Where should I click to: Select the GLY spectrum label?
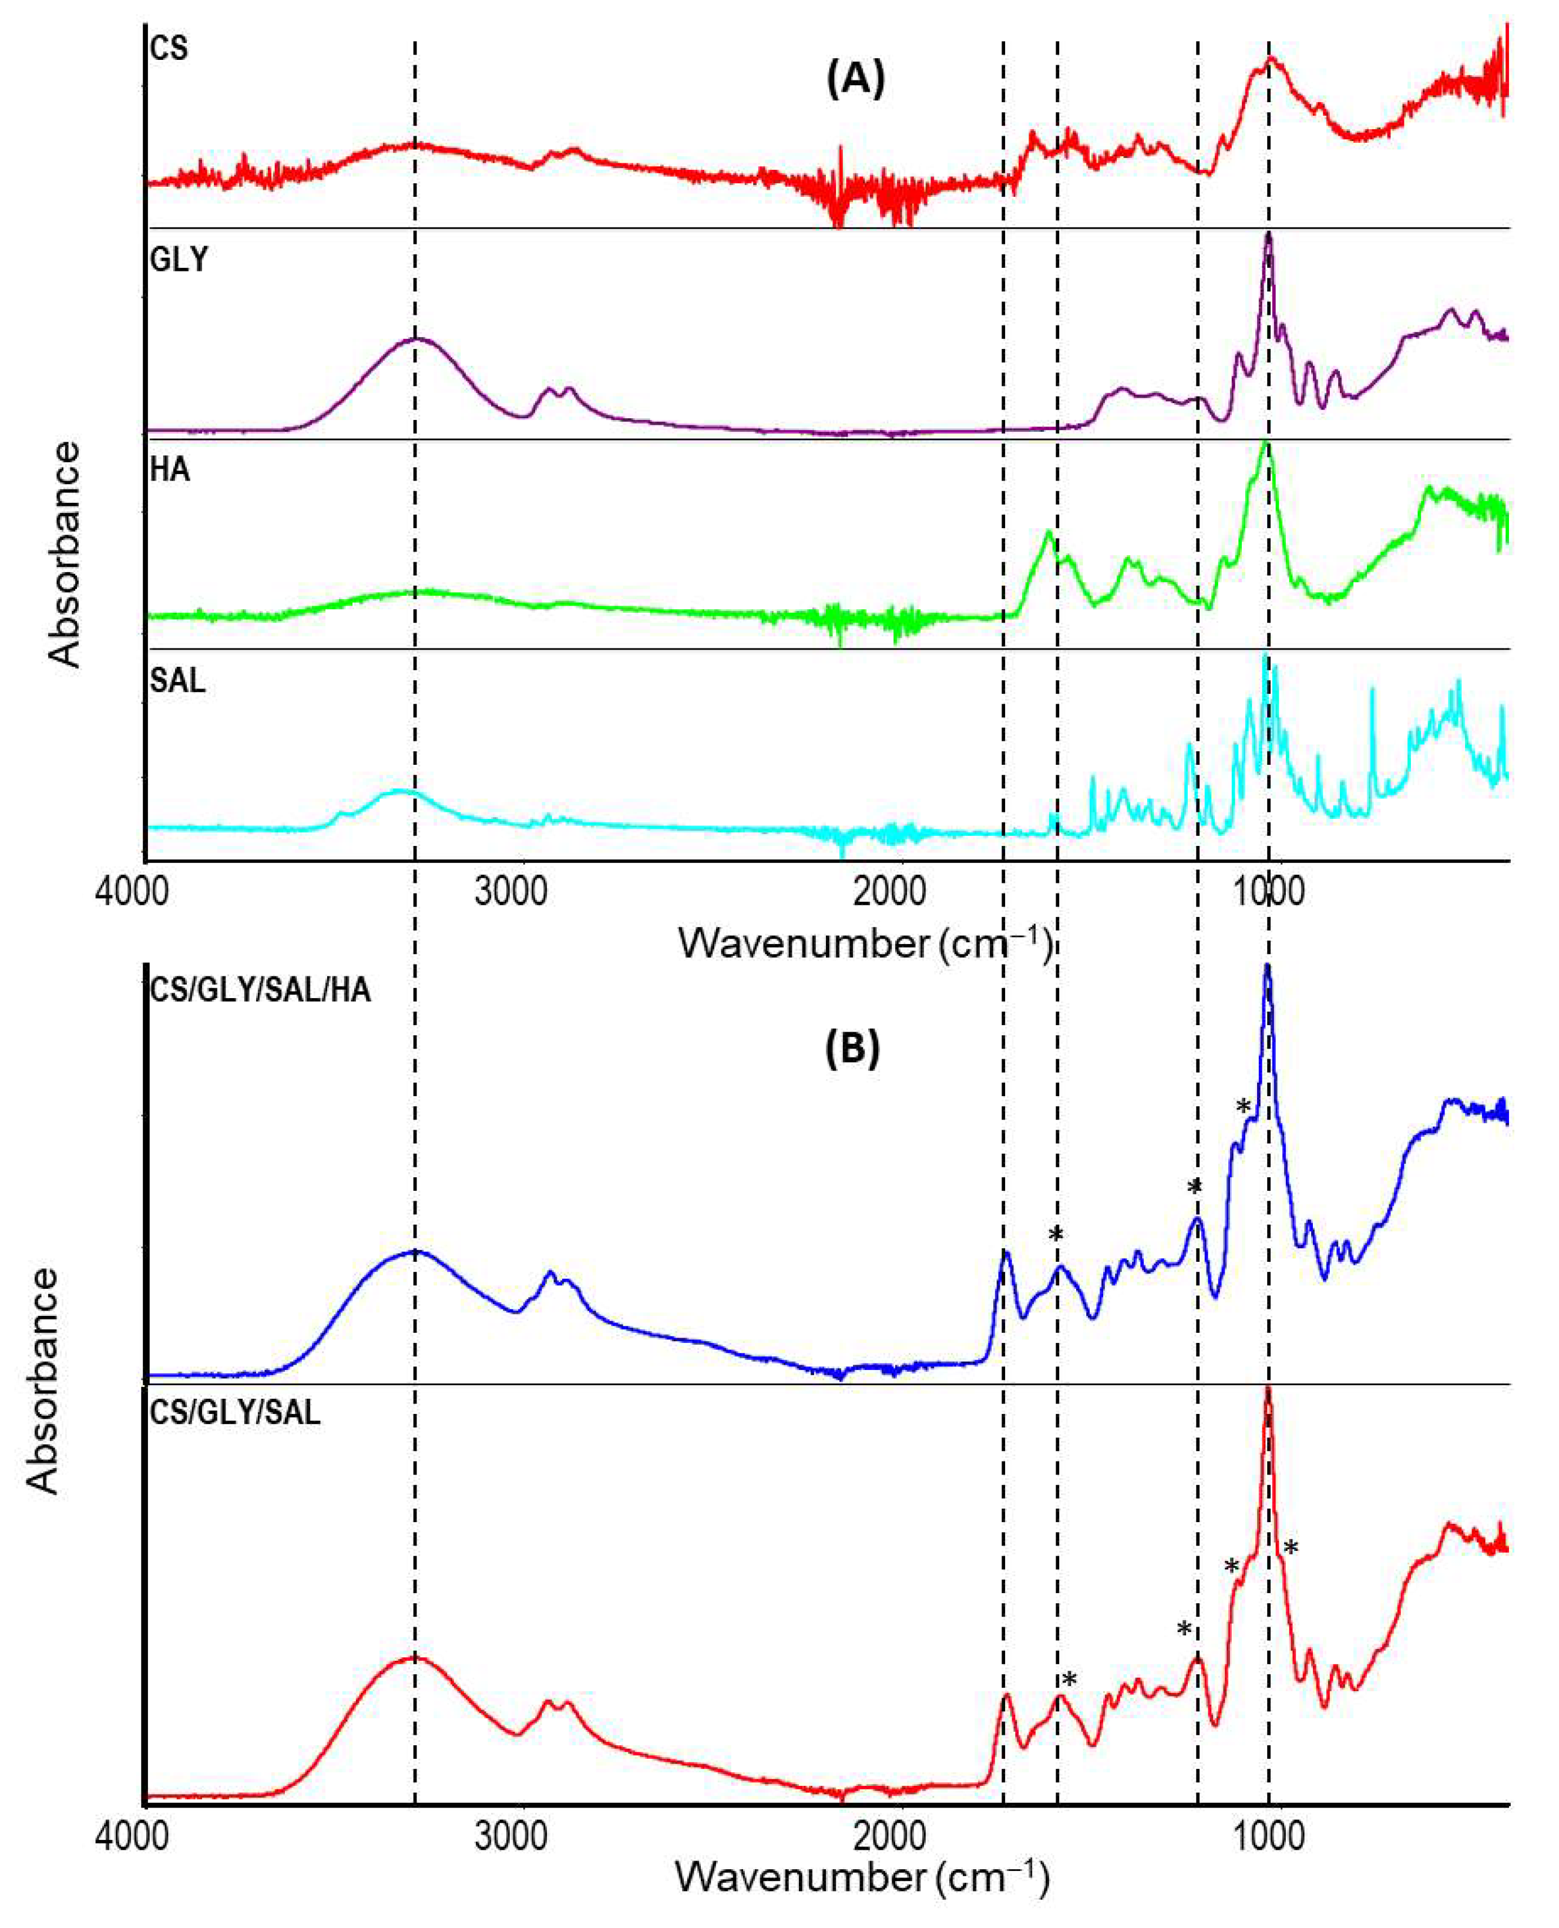click(179, 260)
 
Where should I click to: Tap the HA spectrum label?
click(170, 469)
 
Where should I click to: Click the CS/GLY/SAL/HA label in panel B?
click(260, 992)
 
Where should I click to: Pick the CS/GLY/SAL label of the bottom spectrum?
click(234, 1413)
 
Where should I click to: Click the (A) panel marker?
click(855, 80)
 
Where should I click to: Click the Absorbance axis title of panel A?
click(65, 554)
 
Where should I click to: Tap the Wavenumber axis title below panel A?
click(864, 943)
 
